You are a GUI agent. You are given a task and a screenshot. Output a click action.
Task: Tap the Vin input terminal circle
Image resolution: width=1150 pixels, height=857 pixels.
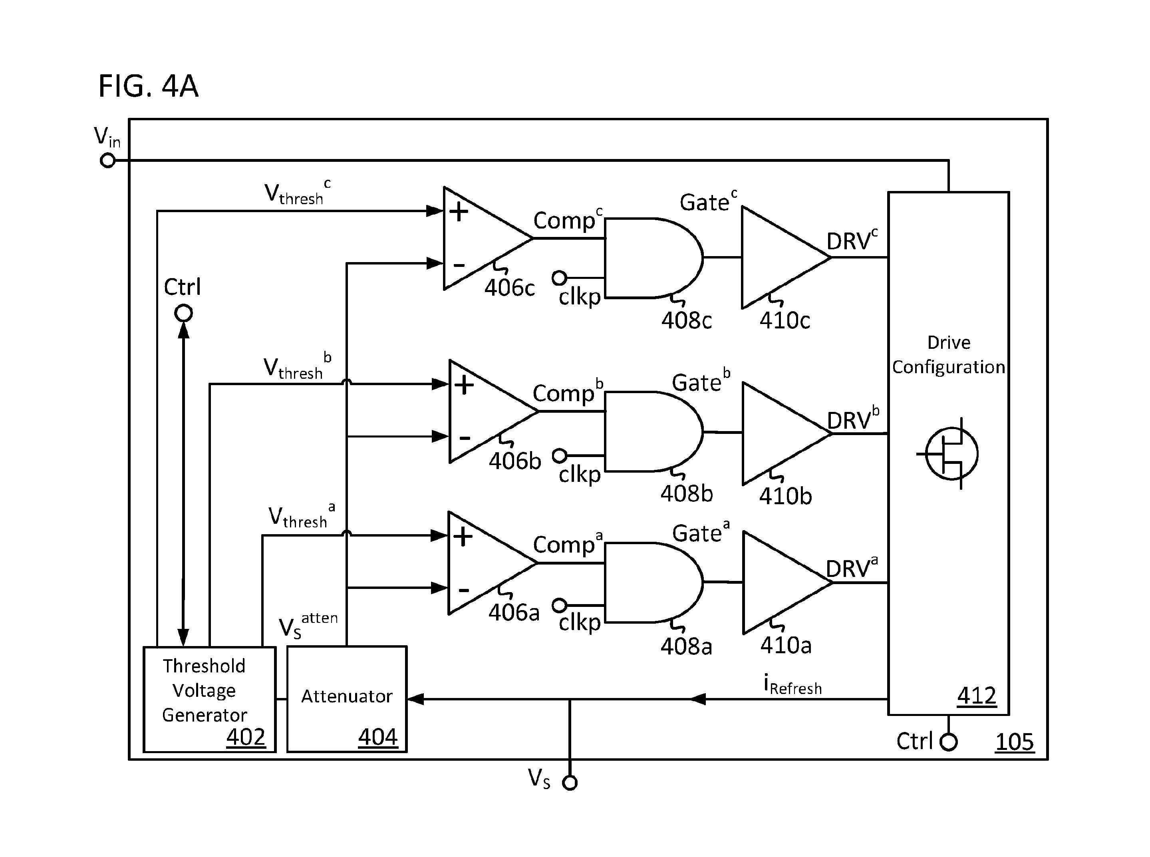pos(107,161)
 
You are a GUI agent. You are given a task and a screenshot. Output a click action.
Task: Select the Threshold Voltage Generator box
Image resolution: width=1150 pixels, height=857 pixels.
pos(210,699)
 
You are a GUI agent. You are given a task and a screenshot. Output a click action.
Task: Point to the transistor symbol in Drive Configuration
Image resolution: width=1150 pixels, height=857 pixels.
pos(949,453)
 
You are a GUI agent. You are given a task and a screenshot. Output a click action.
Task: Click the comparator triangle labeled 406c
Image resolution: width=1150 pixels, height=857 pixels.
pos(488,238)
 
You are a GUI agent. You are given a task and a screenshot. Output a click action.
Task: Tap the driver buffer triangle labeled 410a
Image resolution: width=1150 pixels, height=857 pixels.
pos(787,583)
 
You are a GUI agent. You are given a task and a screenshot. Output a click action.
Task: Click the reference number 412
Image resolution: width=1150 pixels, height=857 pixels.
pos(977,695)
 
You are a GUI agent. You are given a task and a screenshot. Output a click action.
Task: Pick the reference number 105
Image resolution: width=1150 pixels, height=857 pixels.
pos(1015,741)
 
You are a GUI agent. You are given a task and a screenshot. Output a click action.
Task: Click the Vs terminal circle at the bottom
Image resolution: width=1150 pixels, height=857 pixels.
pos(570,783)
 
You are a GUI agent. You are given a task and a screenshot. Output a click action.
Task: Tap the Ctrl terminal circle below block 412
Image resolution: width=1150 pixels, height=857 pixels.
pos(949,742)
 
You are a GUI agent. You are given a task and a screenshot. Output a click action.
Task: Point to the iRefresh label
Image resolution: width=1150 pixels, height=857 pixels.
pos(792,684)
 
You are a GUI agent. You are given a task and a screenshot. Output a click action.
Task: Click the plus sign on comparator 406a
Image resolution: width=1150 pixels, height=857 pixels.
pos(463,537)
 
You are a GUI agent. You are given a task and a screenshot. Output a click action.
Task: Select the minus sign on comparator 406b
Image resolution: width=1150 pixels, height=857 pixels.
pos(465,439)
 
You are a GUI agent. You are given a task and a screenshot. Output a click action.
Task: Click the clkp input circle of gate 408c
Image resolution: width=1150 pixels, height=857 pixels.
pos(559,278)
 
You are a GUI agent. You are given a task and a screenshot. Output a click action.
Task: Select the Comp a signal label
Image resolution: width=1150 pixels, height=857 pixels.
pos(568,544)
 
